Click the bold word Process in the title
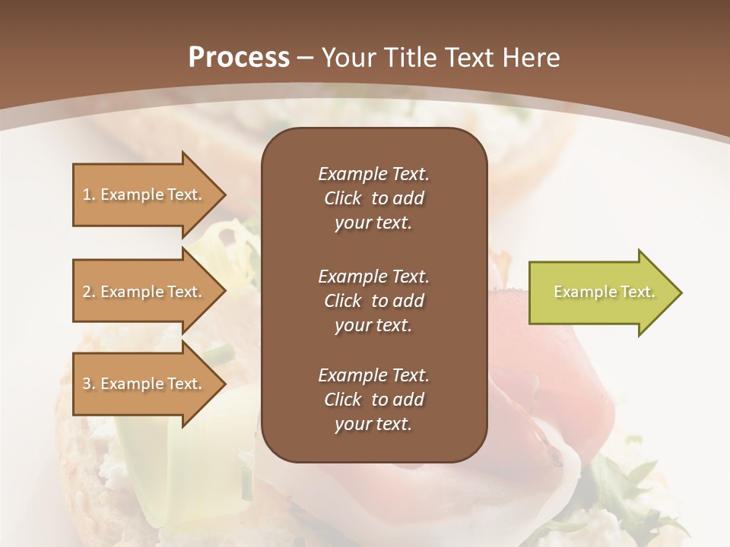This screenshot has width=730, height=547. point(239,58)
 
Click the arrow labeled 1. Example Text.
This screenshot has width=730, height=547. point(144,194)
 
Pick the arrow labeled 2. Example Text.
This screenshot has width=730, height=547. point(144,292)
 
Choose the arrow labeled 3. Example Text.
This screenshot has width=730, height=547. point(144,384)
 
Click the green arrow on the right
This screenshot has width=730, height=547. point(601,292)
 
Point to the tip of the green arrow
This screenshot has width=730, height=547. point(681,292)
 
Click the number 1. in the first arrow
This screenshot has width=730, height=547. point(89,194)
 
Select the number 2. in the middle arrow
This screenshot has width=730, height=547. point(89,292)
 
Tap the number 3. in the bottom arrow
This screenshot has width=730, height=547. point(89,384)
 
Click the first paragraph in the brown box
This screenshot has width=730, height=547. point(373,198)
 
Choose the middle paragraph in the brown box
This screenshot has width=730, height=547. point(373,301)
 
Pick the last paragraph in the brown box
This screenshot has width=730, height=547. point(373,400)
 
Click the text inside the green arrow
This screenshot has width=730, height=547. point(604,292)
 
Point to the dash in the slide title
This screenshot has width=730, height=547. point(306,58)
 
